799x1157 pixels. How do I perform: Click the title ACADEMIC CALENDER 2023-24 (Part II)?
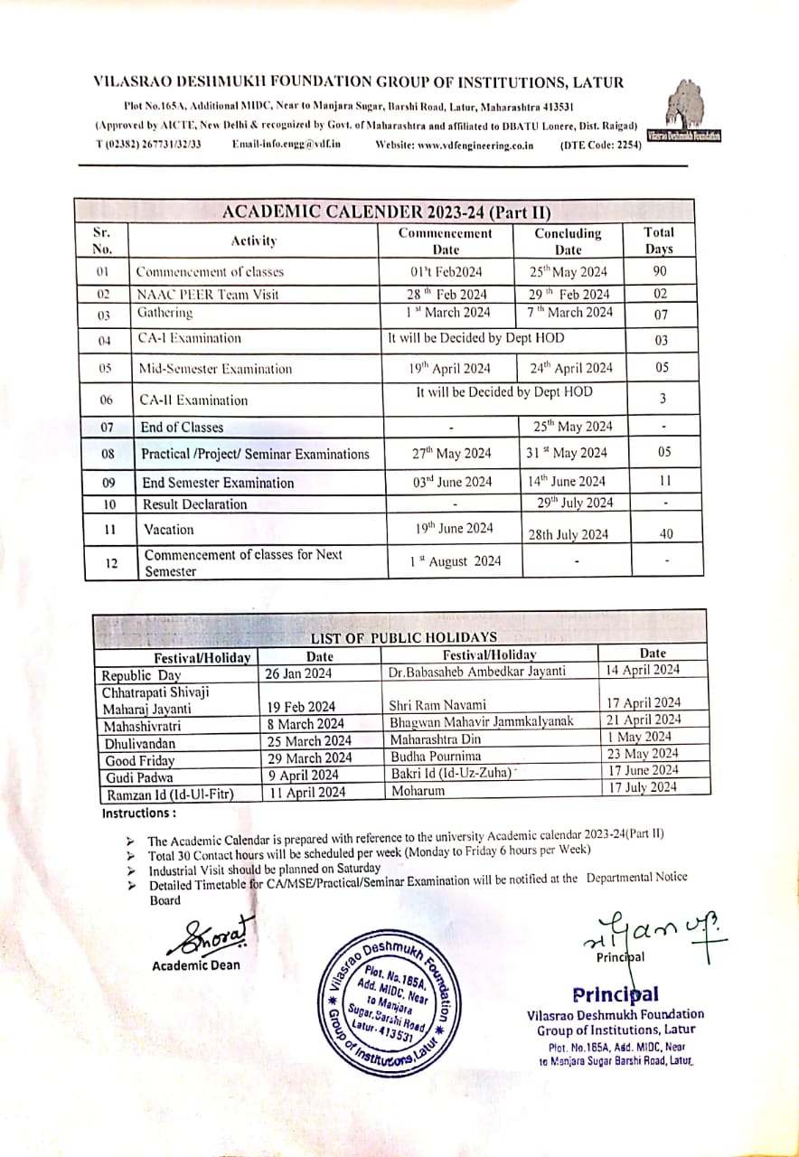[x=387, y=213]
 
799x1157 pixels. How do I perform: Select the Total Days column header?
[x=659, y=240]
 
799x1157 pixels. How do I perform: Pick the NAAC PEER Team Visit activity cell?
[x=207, y=295]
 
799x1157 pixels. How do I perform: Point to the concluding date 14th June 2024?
[x=567, y=482]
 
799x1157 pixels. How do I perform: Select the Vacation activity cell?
[x=169, y=530]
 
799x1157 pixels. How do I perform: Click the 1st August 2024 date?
[x=455, y=561]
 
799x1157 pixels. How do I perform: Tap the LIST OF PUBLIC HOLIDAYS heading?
[x=403, y=637]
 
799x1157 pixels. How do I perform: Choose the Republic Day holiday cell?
[x=142, y=675]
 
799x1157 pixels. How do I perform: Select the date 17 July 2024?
[x=643, y=787]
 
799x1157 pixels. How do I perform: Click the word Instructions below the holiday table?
[x=138, y=814]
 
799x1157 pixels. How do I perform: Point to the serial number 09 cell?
[x=108, y=483]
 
